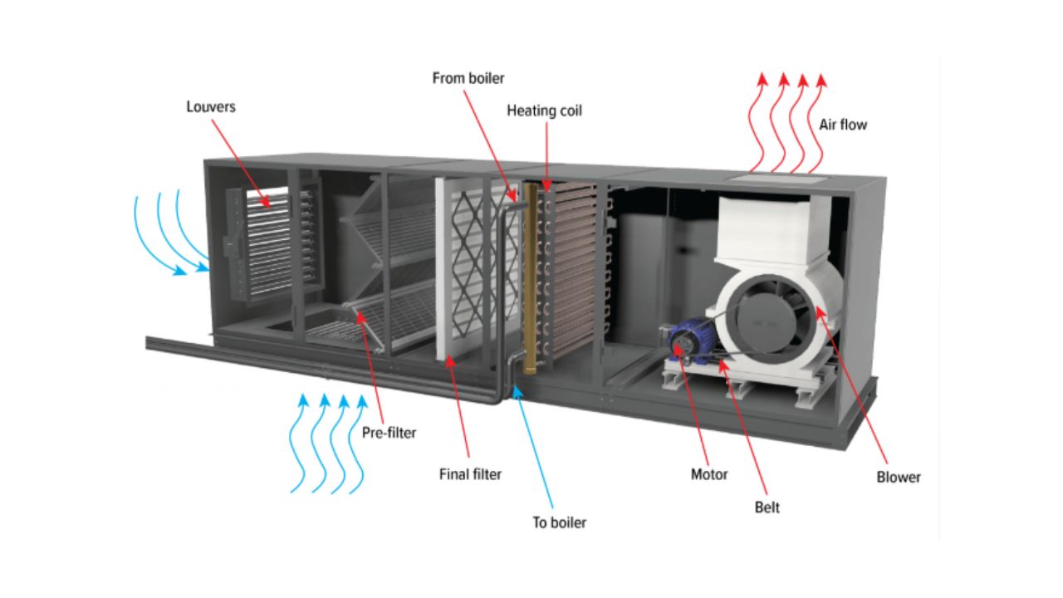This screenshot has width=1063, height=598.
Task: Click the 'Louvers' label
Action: coord(211,106)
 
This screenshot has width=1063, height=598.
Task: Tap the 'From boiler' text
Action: coord(468,78)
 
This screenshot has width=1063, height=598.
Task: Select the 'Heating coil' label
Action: coord(544,110)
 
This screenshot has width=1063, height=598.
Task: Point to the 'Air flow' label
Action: coord(843,125)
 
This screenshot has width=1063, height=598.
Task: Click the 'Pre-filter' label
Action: coord(389,433)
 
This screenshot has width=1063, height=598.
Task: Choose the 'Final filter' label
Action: coord(470,475)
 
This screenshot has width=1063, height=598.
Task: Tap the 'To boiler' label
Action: coord(559,522)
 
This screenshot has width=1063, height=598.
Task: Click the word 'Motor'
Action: coord(709,475)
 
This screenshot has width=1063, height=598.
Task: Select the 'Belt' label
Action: coord(767,507)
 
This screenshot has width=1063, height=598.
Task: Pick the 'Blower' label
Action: coord(899,478)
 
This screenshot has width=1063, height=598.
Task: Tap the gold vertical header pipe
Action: coord(529,274)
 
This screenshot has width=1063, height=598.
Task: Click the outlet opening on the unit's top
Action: coord(777,176)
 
